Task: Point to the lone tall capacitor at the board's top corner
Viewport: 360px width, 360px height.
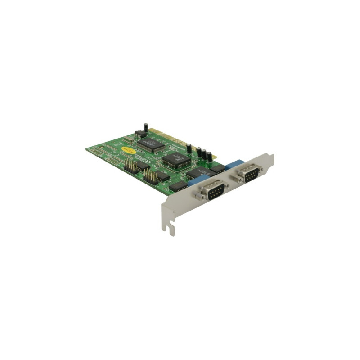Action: pyautogui.click(x=146, y=127)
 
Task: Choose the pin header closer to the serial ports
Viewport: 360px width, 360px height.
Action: pyautogui.click(x=150, y=177)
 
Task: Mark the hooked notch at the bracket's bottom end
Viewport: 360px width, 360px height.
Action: pyautogui.click(x=168, y=229)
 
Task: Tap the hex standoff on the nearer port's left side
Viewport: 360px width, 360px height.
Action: pyautogui.click(x=198, y=197)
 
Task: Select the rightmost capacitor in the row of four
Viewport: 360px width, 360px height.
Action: pyautogui.click(x=209, y=157)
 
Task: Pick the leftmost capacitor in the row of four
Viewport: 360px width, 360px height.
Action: pyautogui.click(x=189, y=148)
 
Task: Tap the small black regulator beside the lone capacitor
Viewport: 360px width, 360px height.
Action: pyautogui.click(x=140, y=134)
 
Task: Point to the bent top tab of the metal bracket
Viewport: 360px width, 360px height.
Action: pyautogui.click(x=270, y=157)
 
